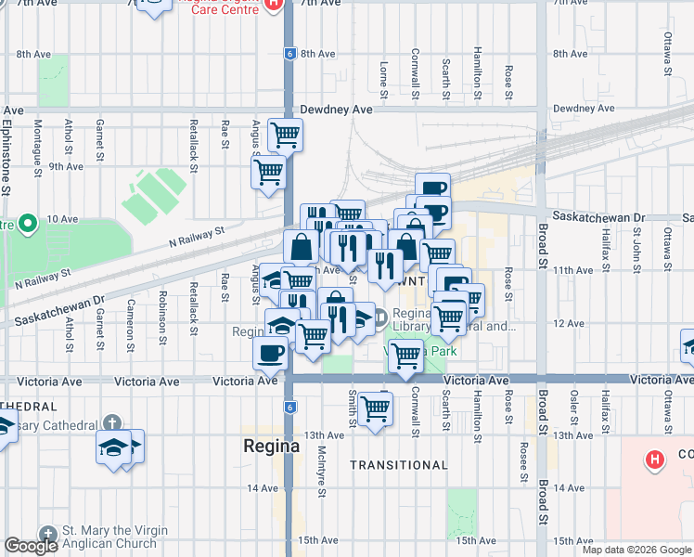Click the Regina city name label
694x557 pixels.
tap(271, 445)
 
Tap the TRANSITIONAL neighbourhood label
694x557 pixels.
tap(399, 465)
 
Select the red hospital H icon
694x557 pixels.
tap(655, 459)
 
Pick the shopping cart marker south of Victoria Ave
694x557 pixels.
tap(376, 408)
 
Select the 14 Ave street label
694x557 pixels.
tap(263, 487)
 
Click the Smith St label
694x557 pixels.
tap(353, 413)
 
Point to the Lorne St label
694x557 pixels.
tap(383, 79)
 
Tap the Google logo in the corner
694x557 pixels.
tap(31, 547)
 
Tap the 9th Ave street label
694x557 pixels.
tap(66, 166)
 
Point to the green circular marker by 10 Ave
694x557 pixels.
tap(28, 223)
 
